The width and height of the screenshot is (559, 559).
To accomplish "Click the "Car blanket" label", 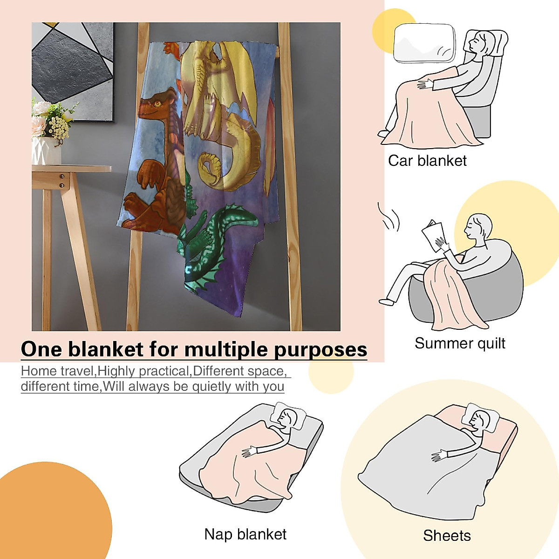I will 427,161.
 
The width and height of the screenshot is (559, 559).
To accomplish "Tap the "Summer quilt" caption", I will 460,343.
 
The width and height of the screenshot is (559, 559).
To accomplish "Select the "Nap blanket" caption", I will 245,534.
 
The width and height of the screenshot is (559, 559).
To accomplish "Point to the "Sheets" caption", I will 447,536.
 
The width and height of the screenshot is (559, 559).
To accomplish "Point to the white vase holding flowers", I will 46,150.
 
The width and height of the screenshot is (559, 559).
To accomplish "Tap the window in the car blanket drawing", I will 424,43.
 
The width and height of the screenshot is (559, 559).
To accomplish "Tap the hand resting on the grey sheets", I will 439,456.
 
